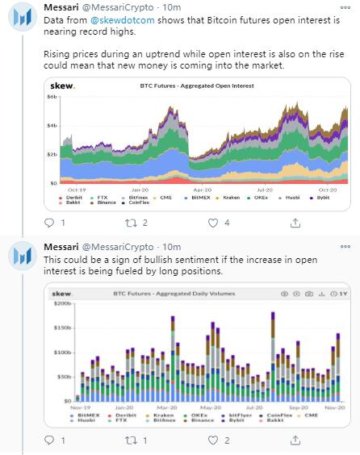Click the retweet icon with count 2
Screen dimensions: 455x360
pyautogui.click(x=127, y=222)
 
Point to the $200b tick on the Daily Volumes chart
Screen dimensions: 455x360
pyautogui.click(x=61, y=305)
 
